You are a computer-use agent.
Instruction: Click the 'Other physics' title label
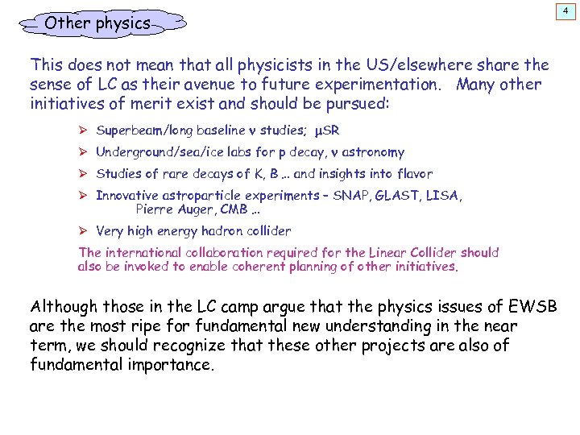click(x=97, y=23)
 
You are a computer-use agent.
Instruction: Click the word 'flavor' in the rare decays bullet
click(x=414, y=173)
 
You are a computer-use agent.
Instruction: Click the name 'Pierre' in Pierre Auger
click(x=154, y=209)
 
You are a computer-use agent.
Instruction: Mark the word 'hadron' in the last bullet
click(x=224, y=231)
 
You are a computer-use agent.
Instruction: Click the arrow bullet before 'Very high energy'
click(x=84, y=231)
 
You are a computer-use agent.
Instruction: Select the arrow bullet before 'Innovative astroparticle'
click(x=84, y=195)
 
